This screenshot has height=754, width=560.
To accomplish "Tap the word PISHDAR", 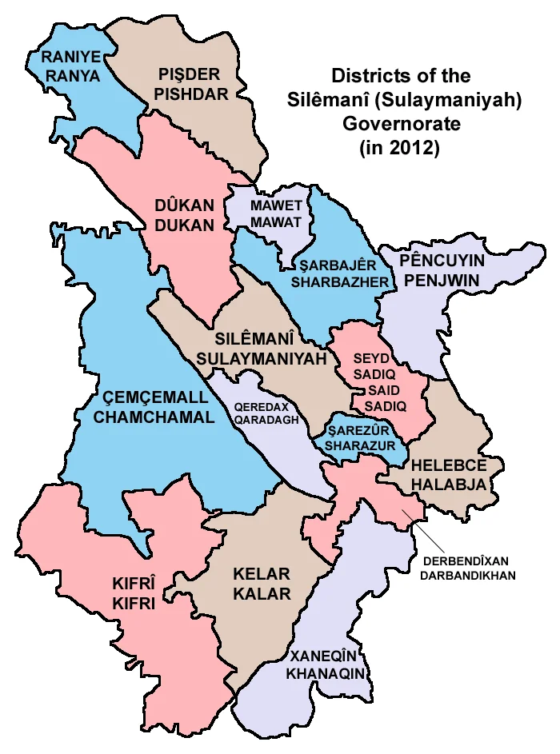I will tap(192, 94).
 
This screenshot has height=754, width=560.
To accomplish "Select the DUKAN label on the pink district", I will tap(184, 225).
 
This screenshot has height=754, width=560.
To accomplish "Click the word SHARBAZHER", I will tap(340, 282).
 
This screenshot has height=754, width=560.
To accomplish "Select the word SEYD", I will tap(374, 359).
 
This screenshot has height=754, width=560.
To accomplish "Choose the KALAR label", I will tap(262, 594).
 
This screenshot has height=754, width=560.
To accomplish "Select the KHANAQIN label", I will tap(328, 674).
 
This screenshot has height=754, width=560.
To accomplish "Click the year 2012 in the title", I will tap(416, 149).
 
